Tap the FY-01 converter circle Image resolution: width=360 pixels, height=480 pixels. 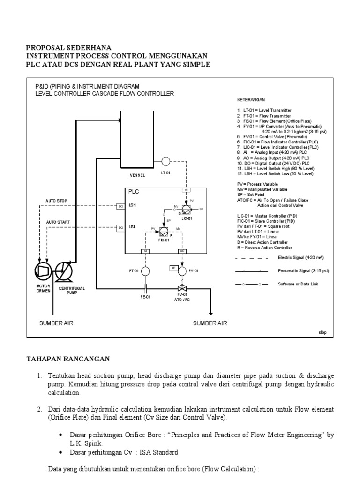click(182, 270)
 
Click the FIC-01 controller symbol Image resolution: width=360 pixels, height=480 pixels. click(164, 231)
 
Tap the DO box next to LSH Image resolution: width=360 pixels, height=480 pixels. click(120, 205)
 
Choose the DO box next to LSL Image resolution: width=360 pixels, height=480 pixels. click(120, 227)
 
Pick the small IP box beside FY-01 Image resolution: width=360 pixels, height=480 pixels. click(173, 268)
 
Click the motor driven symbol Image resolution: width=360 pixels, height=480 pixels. click(44, 271)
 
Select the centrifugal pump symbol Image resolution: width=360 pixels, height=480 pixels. click(64, 271)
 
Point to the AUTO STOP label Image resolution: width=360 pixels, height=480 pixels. click(56, 201)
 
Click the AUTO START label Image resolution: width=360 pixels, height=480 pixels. click(57, 222)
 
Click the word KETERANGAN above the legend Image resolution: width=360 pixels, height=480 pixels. click(251, 100)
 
